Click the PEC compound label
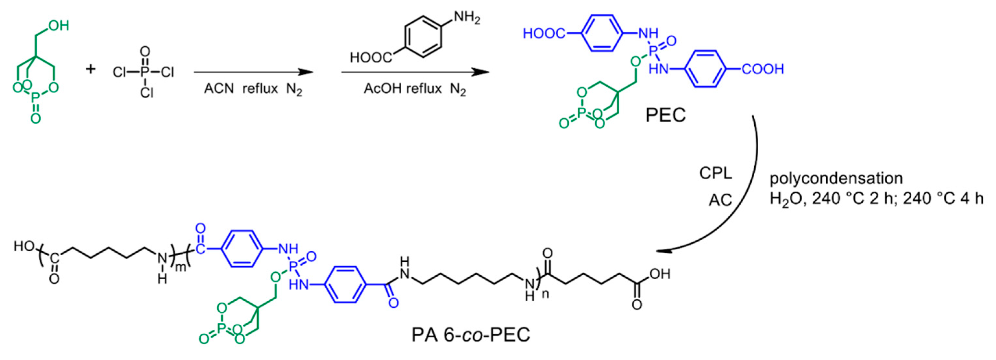click(665, 115)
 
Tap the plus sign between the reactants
click(91, 70)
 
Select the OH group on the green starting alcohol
click(58, 26)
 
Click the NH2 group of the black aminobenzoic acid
click(467, 18)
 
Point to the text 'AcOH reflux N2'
click(415, 89)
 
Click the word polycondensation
click(836, 178)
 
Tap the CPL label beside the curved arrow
click(716, 173)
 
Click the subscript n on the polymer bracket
click(545, 294)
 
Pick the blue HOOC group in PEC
click(544, 34)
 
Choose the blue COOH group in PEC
click(762, 70)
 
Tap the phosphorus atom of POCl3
click(145, 72)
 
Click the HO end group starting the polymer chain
click(24, 246)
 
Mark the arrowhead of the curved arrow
click(662, 251)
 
